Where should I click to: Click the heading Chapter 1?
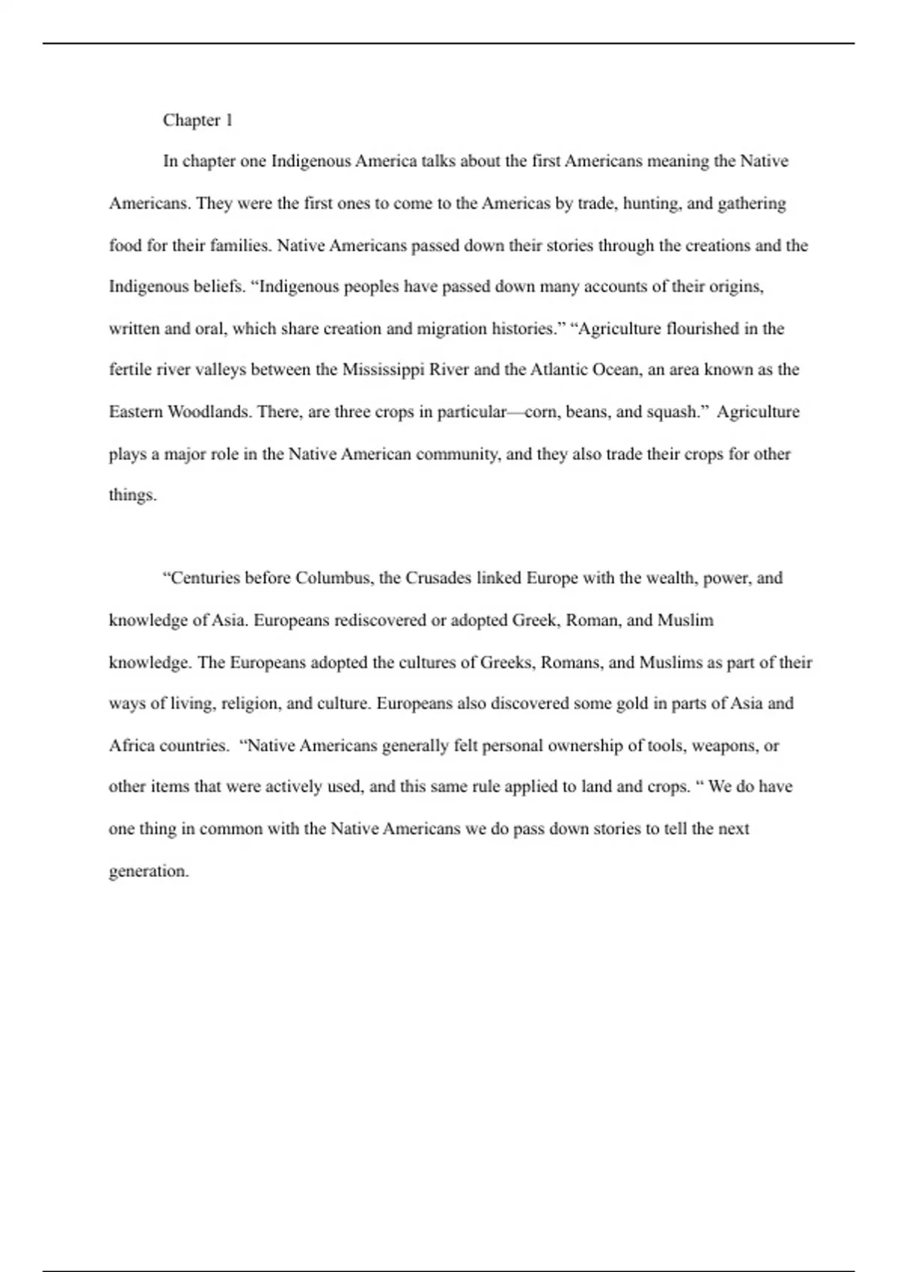click(198, 120)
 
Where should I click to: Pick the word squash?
click(671, 412)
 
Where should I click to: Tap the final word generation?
click(148, 871)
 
